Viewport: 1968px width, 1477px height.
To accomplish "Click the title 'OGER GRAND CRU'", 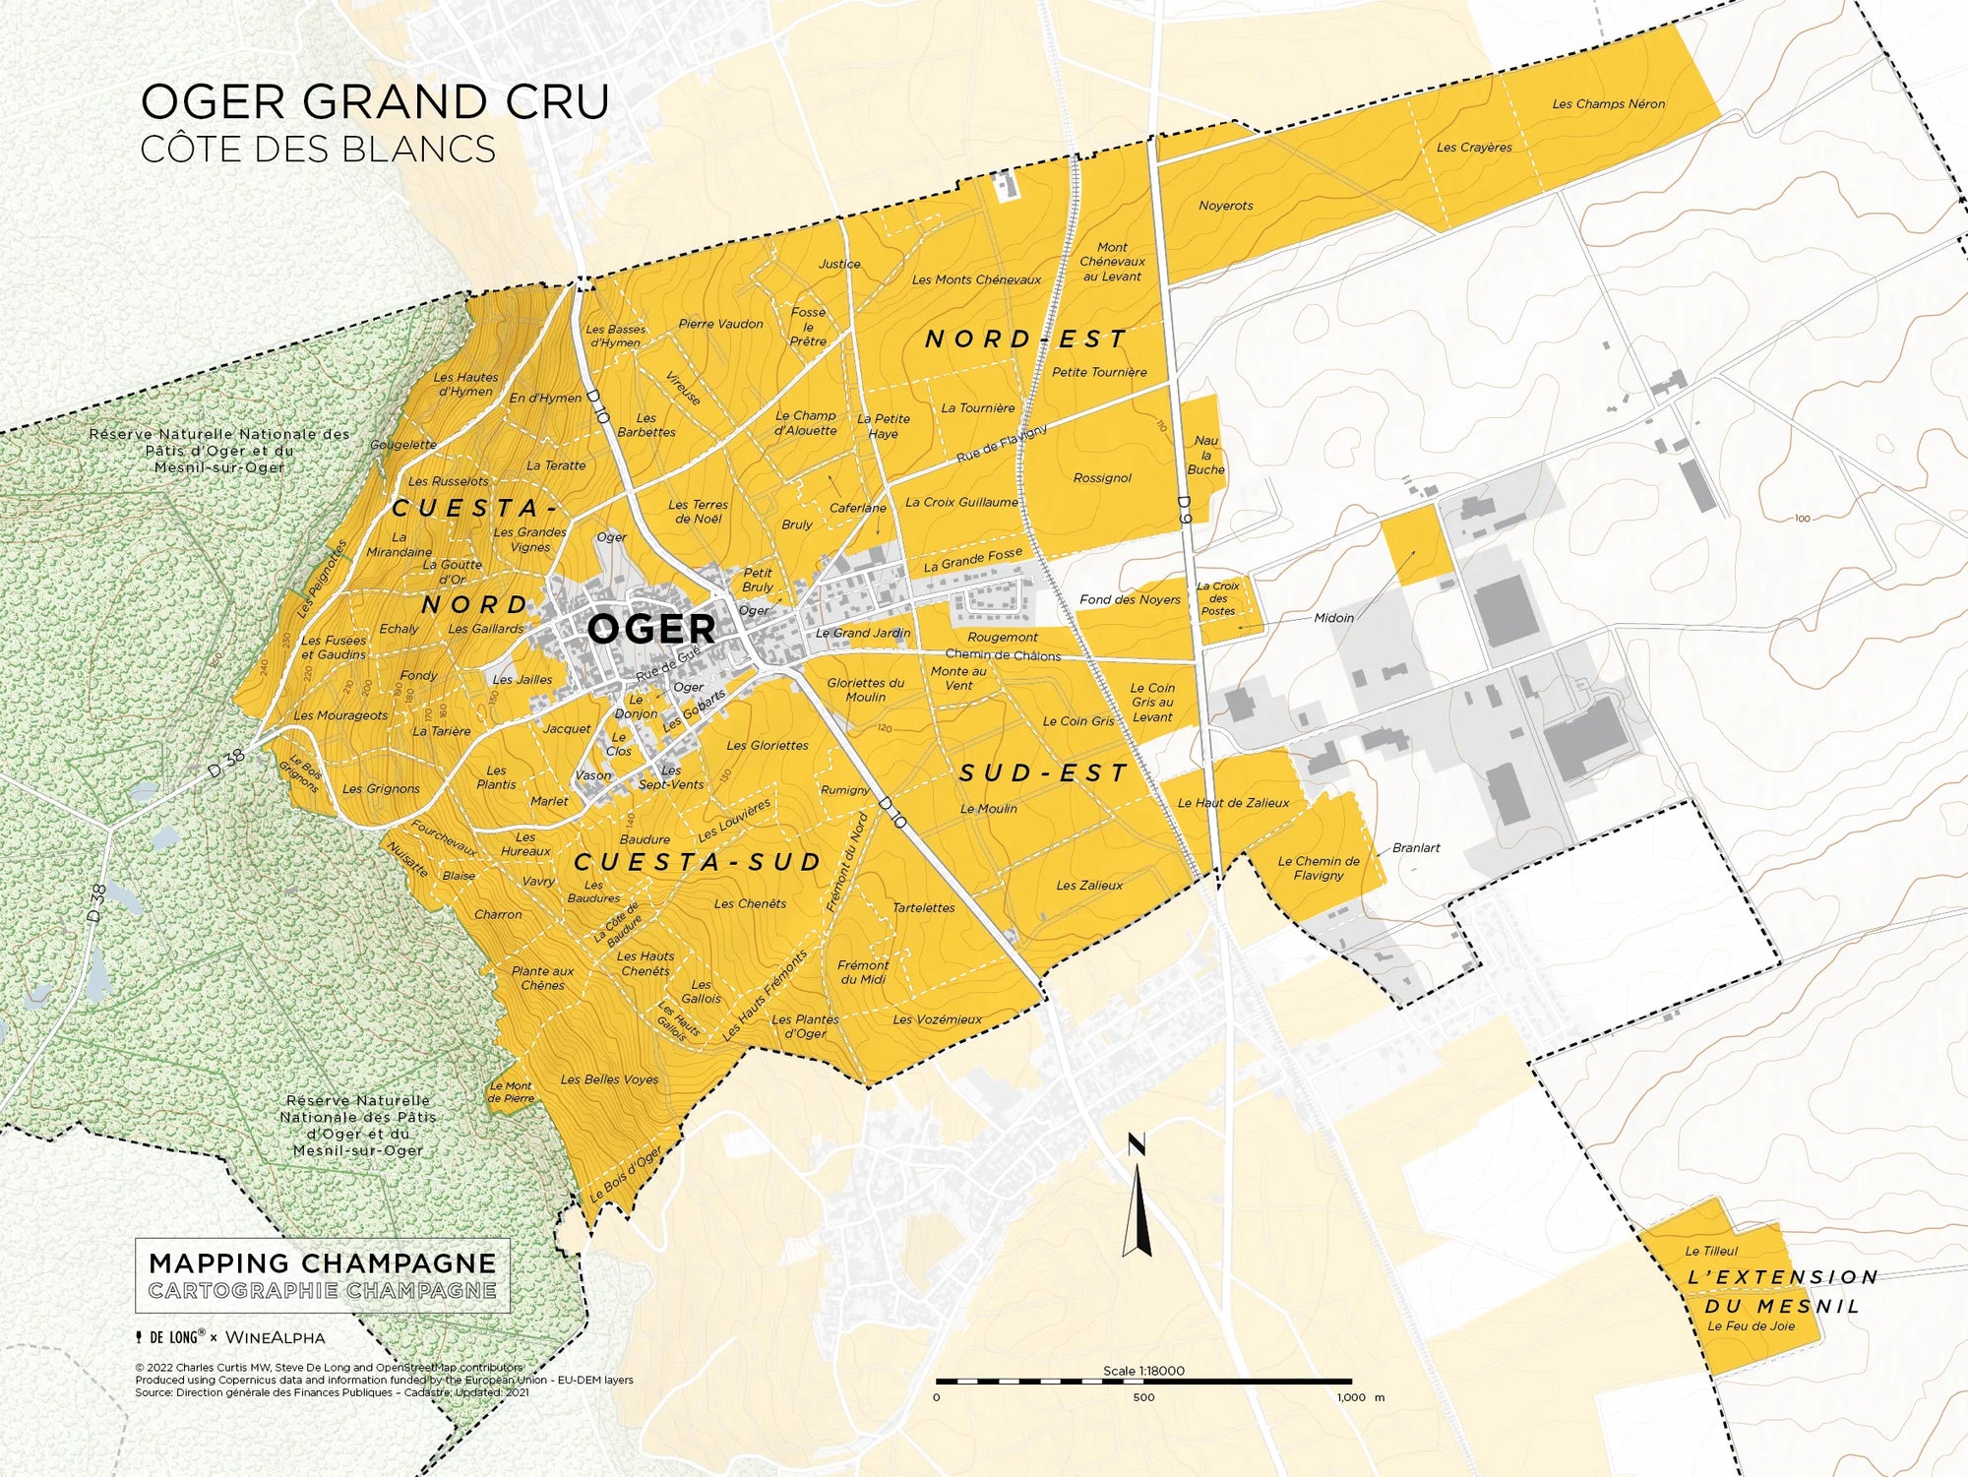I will [375, 102].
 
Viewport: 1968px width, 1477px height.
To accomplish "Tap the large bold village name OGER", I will [650, 629].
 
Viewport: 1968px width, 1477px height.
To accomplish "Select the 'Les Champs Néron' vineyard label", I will [1608, 103].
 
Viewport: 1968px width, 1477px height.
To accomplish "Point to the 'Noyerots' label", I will [1225, 206].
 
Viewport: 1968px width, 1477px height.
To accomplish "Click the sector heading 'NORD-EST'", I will [1026, 339].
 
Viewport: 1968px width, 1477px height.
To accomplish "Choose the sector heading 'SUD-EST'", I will [1043, 773].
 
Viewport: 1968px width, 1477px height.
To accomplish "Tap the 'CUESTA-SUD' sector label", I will [698, 863].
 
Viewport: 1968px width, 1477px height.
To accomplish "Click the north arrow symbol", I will [1138, 1200].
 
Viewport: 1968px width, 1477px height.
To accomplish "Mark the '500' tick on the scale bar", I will [1143, 1397].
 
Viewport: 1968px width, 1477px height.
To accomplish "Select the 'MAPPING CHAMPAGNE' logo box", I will [323, 1275].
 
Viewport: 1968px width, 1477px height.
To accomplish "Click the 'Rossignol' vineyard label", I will [1102, 478].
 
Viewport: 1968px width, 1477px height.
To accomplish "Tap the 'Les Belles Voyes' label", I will [609, 1079].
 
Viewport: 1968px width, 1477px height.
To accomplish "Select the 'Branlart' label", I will [1416, 847].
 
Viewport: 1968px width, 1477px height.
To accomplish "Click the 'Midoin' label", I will [1333, 618].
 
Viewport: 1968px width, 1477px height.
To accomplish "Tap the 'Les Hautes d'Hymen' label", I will [465, 384].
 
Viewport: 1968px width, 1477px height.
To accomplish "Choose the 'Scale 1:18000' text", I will [1143, 1371].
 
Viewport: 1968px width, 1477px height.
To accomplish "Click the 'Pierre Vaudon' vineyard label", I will [720, 324].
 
